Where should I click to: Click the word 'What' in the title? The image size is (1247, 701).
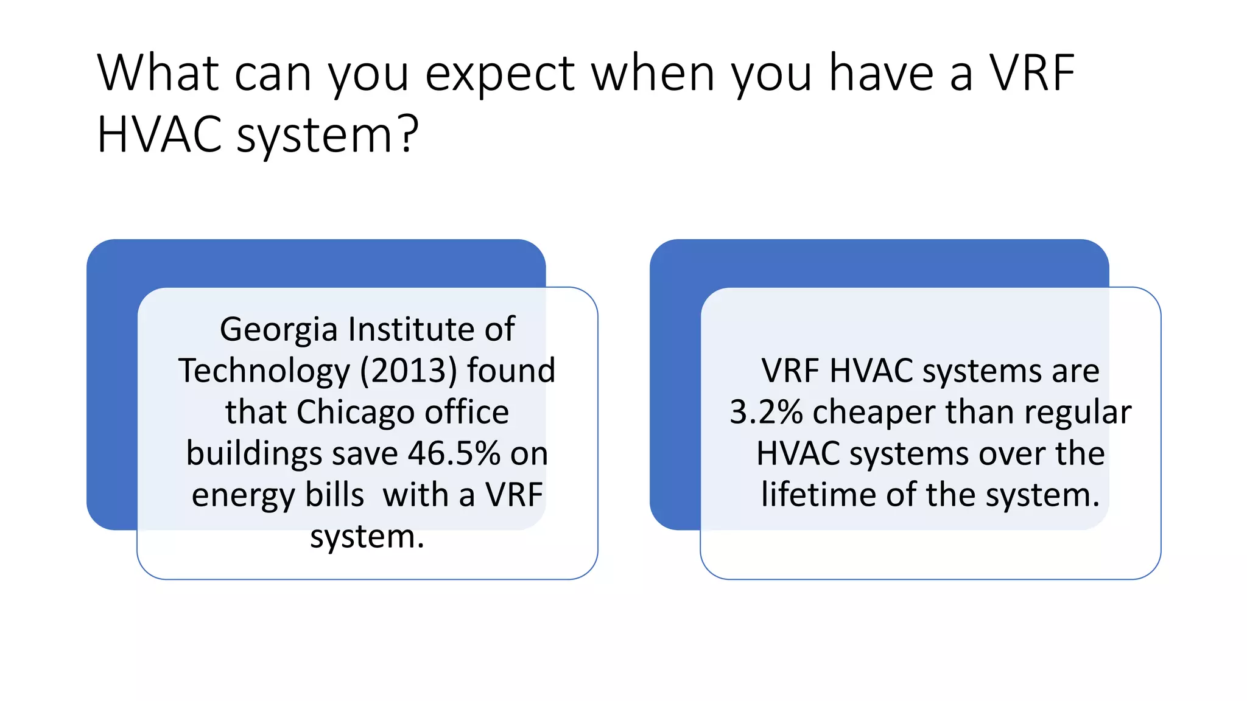[x=158, y=74]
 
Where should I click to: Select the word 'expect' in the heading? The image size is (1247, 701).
[x=499, y=74]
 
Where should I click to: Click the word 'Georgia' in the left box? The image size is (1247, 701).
[x=278, y=330]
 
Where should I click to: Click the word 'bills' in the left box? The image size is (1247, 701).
[x=334, y=495]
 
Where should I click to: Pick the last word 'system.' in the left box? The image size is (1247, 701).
[x=367, y=536]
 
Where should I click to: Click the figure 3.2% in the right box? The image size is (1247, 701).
[x=766, y=412]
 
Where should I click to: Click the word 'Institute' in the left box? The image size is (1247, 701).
[x=412, y=329]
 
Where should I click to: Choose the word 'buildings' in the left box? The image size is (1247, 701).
[x=254, y=453]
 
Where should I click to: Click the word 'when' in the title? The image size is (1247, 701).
[x=652, y=74]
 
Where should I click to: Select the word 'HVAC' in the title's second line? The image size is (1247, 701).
[x=159, y=134]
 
